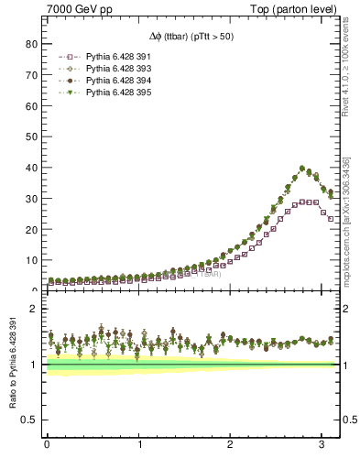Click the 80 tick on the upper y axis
pos(31,43)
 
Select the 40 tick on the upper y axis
pos(31,167)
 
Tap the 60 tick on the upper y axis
pos(31,105)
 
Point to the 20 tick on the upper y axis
pos(31,229)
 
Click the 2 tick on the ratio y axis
pos(34,309)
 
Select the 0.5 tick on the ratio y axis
pos(30,420)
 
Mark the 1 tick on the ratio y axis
pos(34,365)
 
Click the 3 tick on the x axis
pos(322,445)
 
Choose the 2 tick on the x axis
pos(230,445)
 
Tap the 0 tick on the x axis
pos(47,445)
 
